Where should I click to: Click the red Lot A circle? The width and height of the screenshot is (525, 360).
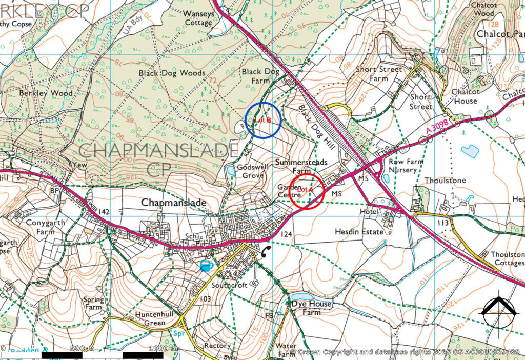point(307,191)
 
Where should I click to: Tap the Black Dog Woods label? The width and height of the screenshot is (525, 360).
point(172,73)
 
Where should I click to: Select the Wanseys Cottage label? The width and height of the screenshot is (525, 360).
point(198,18)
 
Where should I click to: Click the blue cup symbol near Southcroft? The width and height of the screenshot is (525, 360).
point(207,265)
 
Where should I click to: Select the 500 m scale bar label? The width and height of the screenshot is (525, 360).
point(83,349)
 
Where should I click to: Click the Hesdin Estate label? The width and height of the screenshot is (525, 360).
point(359,232)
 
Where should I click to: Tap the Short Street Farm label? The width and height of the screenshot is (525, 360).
point(379,74)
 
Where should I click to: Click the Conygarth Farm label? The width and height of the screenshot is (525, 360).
point(38,227)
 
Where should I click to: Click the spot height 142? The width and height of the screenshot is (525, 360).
point(104,212)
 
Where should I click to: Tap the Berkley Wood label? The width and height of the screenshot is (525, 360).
point(46,93)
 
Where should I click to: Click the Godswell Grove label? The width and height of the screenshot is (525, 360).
point(250,171)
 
